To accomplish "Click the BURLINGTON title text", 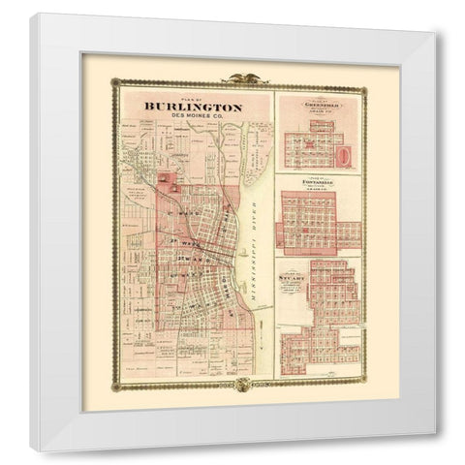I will pos(193,107).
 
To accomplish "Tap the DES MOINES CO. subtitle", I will pos(193,117).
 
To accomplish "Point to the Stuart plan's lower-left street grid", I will pos(301,345).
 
